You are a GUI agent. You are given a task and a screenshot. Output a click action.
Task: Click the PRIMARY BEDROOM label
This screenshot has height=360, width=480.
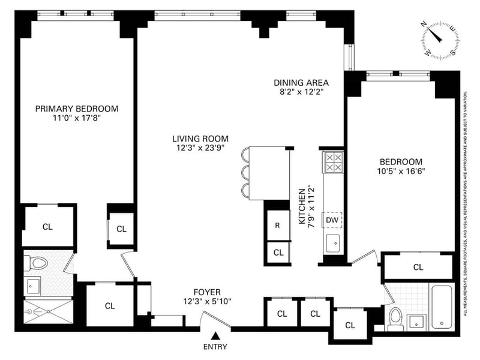77,109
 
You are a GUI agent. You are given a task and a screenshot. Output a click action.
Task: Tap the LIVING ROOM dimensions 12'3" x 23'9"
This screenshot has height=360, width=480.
200,148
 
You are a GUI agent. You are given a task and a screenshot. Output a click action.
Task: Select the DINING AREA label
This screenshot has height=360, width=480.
301,83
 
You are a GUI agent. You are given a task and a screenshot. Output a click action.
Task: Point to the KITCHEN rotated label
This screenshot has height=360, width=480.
302,206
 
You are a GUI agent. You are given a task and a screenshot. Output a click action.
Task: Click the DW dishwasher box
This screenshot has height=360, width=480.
332,220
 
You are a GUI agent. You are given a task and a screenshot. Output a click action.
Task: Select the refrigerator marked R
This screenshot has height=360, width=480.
278,226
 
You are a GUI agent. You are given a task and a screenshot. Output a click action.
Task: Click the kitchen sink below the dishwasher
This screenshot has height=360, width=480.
333,244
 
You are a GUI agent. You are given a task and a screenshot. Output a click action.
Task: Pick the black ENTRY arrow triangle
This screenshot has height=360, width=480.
216,335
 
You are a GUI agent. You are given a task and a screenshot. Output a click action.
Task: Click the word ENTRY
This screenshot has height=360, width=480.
215,347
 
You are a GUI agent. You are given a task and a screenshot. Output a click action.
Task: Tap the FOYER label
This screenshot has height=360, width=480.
207,292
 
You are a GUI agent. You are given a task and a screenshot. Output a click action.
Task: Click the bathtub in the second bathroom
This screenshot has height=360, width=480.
442,307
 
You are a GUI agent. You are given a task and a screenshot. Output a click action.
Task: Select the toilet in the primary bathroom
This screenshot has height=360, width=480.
37,263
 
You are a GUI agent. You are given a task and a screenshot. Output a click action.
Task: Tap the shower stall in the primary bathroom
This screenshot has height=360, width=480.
49,311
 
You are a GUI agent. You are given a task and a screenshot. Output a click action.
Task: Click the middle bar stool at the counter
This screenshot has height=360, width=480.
246,173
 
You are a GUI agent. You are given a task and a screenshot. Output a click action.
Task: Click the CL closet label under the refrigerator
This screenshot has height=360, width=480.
278,253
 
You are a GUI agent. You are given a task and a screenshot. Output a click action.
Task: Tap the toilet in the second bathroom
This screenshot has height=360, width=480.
395,319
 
